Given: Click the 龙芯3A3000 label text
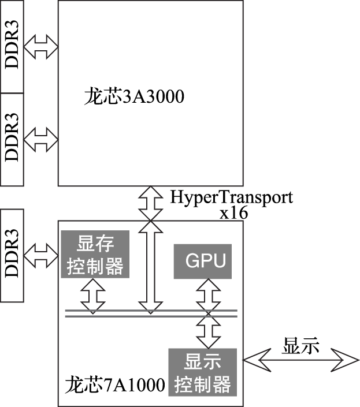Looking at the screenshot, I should click(133, 96).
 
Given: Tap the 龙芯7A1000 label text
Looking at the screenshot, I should click(114, 384).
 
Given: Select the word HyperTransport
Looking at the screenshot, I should click(231, 197).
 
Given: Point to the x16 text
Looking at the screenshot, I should click(233, 213).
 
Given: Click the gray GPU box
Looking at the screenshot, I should click(205, 262).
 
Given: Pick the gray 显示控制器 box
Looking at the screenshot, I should click(202, 372).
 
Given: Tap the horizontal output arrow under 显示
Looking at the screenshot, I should click(300, 361).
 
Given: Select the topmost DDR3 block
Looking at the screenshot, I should click(12, 47).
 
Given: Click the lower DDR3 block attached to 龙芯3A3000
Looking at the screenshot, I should click(12, 139).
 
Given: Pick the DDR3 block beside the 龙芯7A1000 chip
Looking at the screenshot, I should click(12, 255).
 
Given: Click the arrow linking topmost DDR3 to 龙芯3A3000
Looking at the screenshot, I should click(40, 47).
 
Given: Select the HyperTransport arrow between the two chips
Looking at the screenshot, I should click(150, 203).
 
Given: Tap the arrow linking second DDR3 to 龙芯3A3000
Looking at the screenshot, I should click(40, 139).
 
